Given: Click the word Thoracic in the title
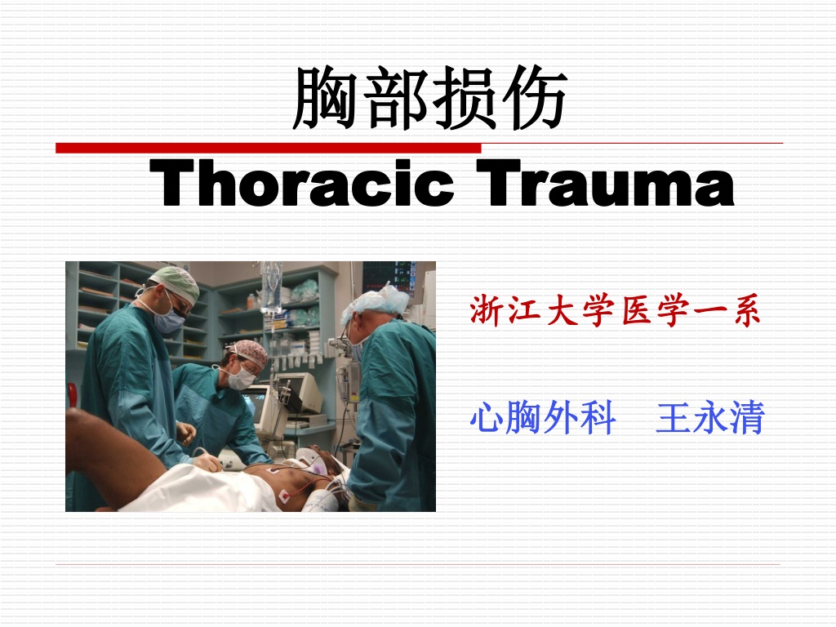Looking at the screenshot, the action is pos(302,182).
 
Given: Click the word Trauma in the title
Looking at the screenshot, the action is pos(605,182).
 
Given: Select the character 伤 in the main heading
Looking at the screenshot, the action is pos(534,98).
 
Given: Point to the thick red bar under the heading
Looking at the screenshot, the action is pos(268,148).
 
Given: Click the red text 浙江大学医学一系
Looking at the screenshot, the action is pos(615,310).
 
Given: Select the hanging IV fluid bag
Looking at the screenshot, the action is pos(271,288).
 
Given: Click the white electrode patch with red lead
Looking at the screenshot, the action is pos(284,496).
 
